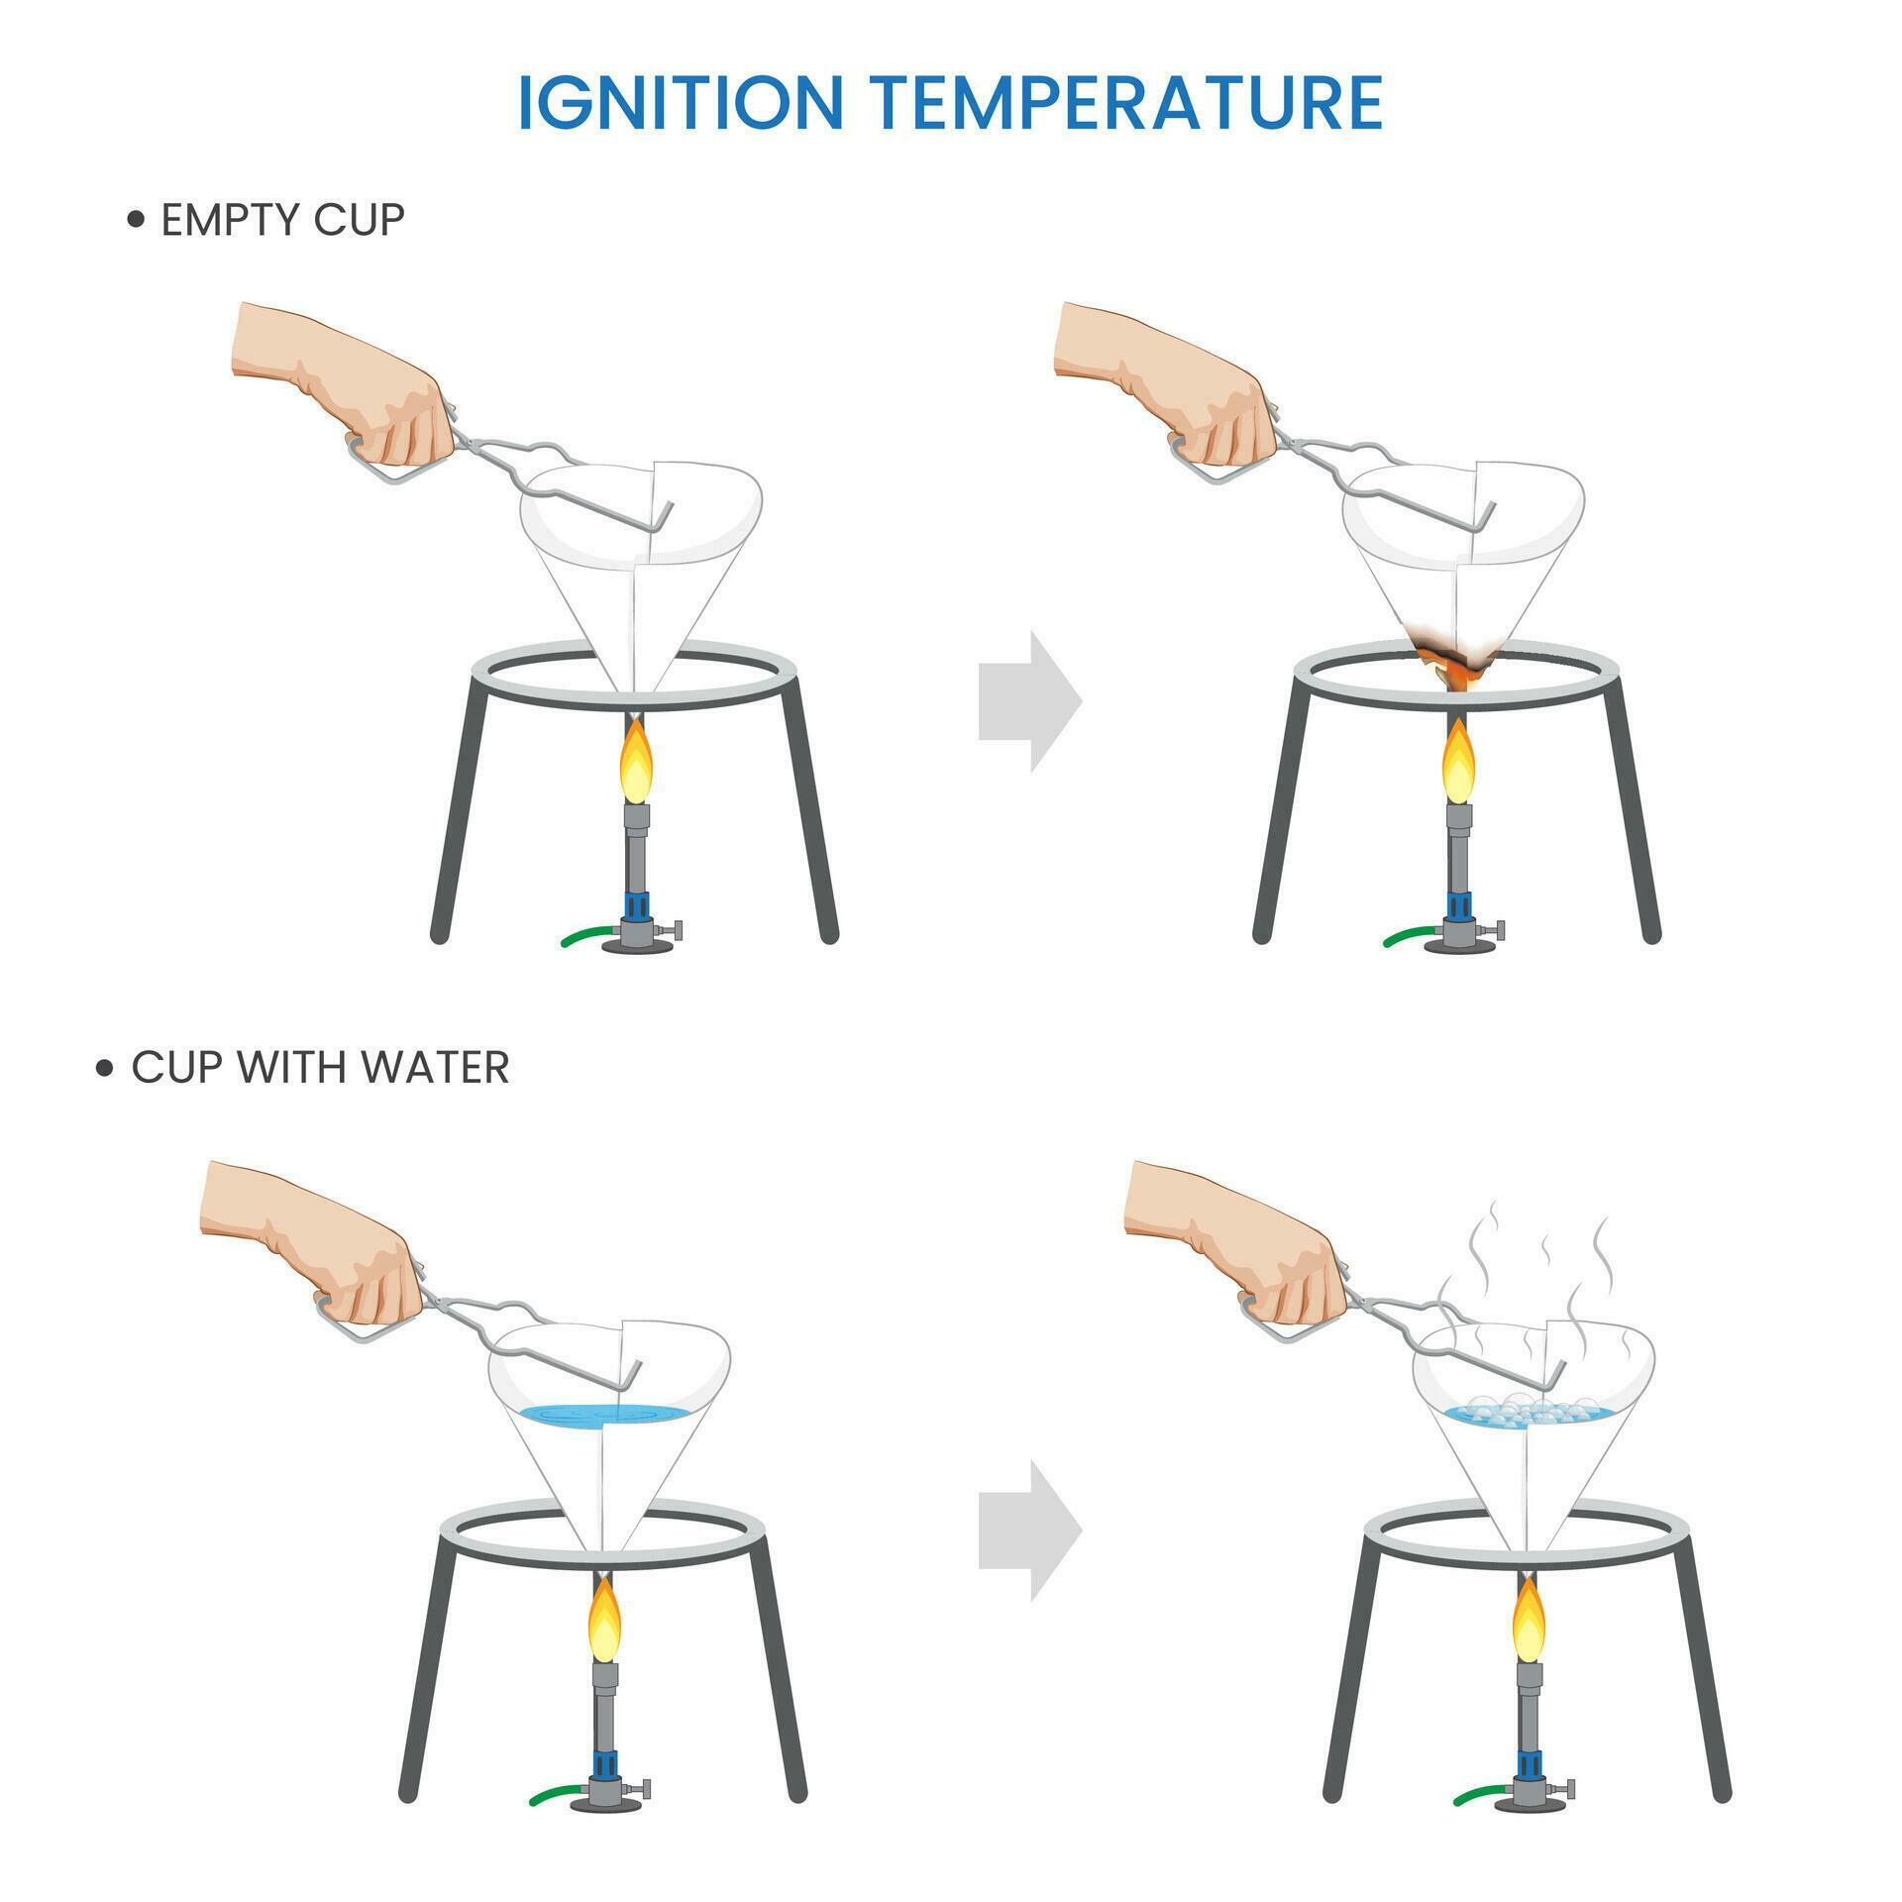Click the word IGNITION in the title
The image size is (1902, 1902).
point(681,103)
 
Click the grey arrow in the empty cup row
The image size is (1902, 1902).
point(1030,700)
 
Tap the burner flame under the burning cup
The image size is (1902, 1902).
point(1458,760)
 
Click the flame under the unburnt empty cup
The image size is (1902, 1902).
point(636,760)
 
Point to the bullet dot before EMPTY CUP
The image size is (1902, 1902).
point(137,220)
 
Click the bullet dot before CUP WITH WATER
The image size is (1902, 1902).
point(106,1069)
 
